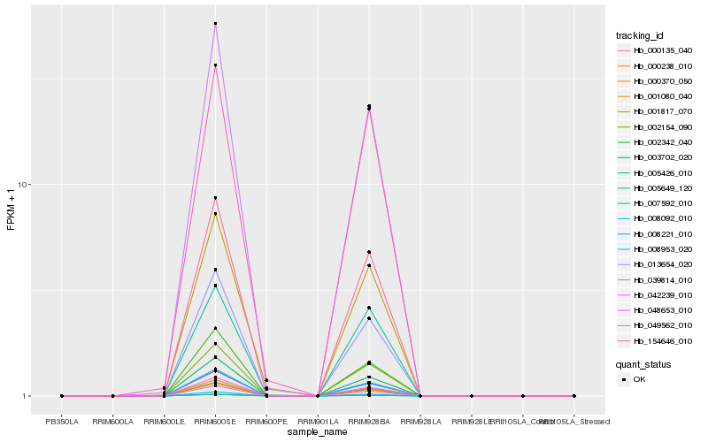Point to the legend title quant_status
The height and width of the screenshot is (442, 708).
(643, 363)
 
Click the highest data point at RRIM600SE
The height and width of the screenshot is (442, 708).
(215, 24)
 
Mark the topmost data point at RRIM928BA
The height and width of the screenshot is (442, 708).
(368, 106)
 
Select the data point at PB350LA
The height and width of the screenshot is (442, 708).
(61, 396)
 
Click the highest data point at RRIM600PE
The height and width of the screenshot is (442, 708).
(266, 380)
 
